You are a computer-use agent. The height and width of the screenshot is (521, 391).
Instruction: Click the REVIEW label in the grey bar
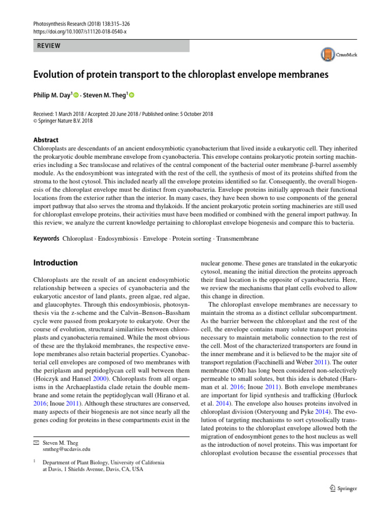point(49,46)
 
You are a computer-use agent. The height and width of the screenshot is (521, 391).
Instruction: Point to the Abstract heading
point(45,140)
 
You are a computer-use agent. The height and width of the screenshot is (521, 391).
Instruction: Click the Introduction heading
point(55,263)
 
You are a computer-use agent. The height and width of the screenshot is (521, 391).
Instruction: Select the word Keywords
point(46,239)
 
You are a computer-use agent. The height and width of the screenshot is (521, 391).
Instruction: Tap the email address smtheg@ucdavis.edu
point(67,449)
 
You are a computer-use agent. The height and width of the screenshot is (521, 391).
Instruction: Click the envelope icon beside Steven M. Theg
point(36,443)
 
